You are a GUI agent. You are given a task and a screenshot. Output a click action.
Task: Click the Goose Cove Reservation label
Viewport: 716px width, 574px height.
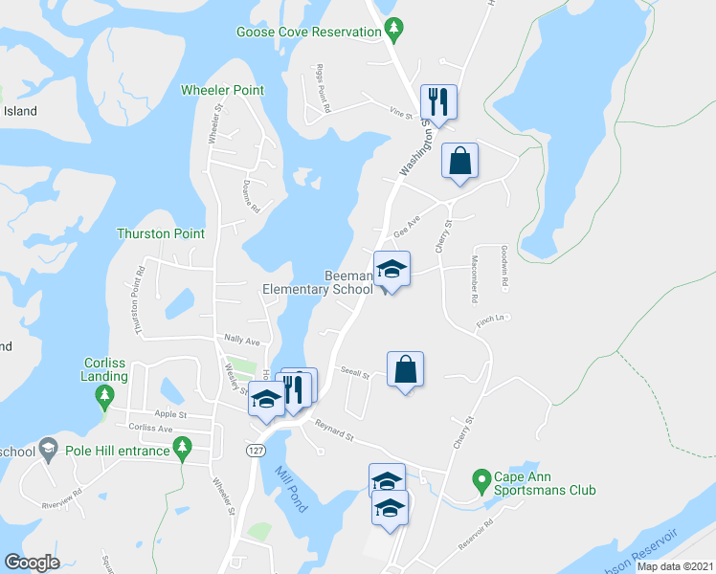point(309,32)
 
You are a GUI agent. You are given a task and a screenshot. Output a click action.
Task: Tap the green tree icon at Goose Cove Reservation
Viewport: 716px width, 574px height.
point(392,31)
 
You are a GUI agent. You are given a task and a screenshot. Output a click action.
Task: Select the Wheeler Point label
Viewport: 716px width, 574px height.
point(222,90)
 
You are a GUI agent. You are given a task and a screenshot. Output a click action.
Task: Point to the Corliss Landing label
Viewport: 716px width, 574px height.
point(104,370)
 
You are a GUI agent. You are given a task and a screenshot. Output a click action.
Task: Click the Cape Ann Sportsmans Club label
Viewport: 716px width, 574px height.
point(545,483)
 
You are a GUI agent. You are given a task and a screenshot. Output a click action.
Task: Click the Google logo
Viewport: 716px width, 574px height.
point(32,563)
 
